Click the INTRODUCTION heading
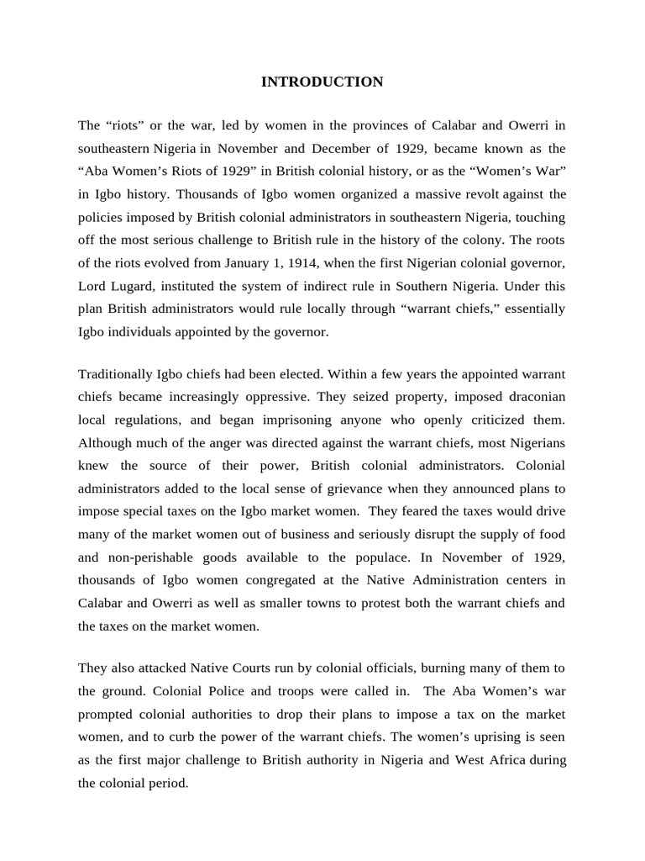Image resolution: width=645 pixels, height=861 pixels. (x=322, y=82)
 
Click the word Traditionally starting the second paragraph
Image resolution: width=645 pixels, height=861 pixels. (x=116, y=373)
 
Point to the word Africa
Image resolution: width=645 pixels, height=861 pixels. (x=521, y=759)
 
